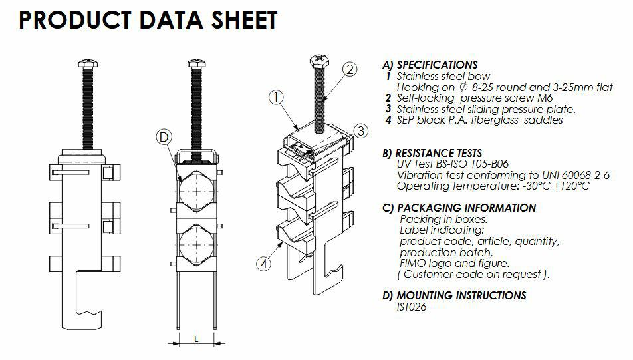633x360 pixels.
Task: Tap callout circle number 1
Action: [277, 97]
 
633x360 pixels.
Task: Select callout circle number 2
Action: [350, 69]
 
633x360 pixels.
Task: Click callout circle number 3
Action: [360, 131]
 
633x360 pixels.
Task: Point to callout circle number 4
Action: [264, 264]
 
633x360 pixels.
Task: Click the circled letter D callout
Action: [164, 138]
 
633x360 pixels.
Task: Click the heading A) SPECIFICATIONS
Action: [430, 65]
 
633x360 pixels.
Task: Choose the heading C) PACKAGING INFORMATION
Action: [459, 208]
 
